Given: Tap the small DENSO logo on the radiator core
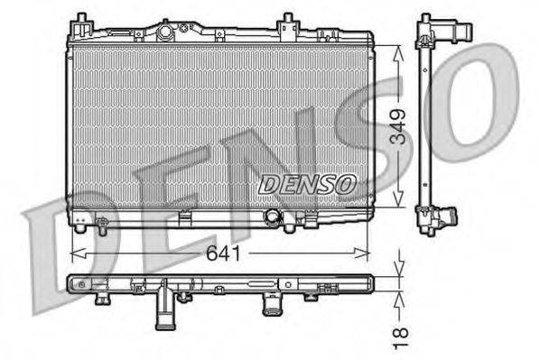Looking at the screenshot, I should (307, 184).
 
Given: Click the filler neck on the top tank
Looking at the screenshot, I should (165, 32).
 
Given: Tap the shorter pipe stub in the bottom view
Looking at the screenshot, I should (270, 305).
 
